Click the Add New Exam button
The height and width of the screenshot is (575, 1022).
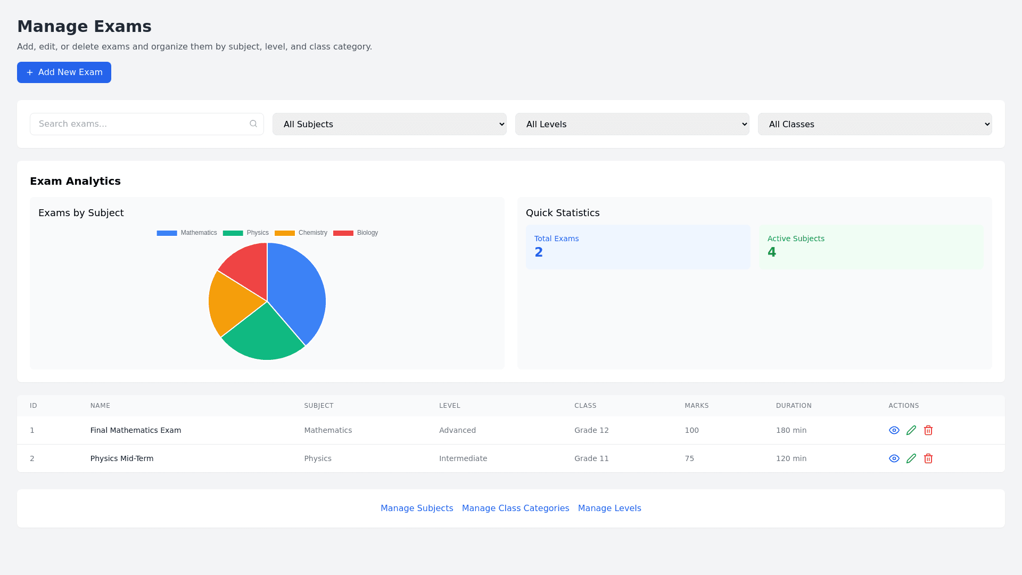click(x=64, y=72)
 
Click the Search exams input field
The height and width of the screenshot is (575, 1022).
click(x=141, y=124)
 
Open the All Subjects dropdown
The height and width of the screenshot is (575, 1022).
click(x=389, y=124)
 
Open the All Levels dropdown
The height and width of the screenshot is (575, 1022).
click(x=632, y=124)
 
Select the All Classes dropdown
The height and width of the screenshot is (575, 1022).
click(x=875, y=124)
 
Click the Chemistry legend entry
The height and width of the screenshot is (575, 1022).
click(x=301, y=233)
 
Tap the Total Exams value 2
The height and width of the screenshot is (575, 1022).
click(x=539, y=252)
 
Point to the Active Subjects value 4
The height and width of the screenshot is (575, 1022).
click(x=772, y=252)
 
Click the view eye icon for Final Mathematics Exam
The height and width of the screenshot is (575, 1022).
click(x=894, y=430)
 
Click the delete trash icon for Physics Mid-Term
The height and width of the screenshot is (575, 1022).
click(x=928, y=458)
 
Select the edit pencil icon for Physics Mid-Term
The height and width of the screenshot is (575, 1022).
click(x=911, y=458)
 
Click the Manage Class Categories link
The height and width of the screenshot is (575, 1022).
click(x=515, y=508)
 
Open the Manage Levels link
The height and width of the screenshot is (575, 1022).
click(x=609, y=508)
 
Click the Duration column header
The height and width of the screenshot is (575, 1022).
click(x=794, y=406)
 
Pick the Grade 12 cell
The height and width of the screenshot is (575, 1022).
click(x=591, y=430)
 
